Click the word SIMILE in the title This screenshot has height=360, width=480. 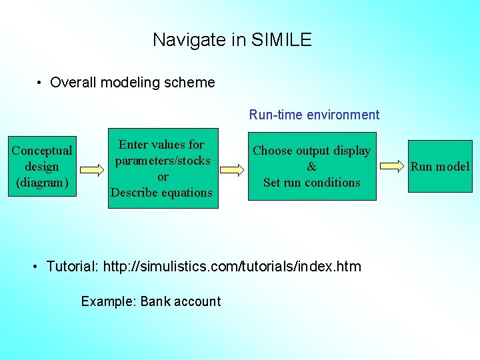(x=281, y=40)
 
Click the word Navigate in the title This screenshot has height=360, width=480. (x=189, y=40)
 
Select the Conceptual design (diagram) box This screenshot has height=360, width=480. (x=42, y=167)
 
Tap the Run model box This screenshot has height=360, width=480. (x=439, y=167)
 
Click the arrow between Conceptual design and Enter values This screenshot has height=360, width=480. (x=91, y=169)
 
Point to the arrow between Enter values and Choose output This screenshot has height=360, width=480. (x=231, y=169)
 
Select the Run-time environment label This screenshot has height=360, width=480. (x=314, y=115)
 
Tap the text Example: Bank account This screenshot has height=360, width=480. (x=151, y=301)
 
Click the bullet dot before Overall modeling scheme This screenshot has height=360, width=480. (x=41, y=83)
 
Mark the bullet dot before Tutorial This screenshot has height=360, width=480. (x=36, y=267)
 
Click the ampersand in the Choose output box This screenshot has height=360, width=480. (x=311, y=167)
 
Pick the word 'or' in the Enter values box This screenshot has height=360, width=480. (x=162, y=177)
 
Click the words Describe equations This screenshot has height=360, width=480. (x=161, y=193)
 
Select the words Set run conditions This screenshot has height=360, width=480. (x=311, y=183)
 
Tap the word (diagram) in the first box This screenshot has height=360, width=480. (x=42, y=183)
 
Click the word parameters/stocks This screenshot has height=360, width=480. (x=162, y=161)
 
